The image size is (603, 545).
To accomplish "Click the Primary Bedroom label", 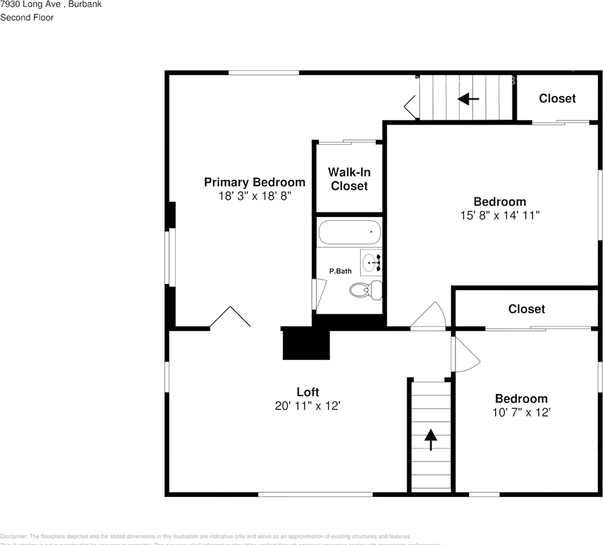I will pos(254,182).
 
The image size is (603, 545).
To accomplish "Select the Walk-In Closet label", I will pos(349,179).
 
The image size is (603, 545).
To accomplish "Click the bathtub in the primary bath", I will pos(348,232).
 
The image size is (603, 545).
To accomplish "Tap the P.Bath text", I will pos(340,271).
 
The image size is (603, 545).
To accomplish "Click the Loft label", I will pos(307,392).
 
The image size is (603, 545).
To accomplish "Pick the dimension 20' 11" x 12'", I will pos(307,406).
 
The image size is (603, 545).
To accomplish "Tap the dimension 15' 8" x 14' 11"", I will pos(500,216).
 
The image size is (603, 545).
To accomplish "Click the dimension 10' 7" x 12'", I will pos(521,413).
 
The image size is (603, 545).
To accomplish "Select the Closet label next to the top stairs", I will pos(557,98).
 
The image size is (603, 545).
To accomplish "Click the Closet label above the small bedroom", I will pos(526,309).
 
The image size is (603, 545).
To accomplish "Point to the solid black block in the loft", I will pos(306,344).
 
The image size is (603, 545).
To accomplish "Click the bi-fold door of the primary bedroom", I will pos(230,317).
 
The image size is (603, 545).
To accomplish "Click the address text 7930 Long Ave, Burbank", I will pos(51,5).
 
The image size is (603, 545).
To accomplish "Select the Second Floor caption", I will pos(27,18).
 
